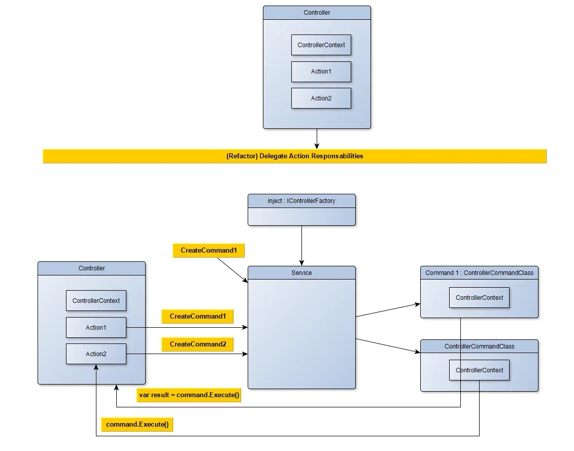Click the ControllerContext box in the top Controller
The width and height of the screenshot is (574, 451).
[x=321, y=45]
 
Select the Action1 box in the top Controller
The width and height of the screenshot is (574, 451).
[x=321, y=72]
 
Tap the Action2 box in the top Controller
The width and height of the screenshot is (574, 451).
[x=321, y=98]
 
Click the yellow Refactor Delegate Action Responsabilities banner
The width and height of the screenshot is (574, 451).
[x=294, y=156]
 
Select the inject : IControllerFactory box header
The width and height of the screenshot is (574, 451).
[x=301, y=201]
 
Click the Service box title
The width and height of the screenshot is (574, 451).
[x=301, y=273]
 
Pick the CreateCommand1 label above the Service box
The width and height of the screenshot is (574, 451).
[x=209, y=251]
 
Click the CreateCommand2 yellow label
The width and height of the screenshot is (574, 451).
[x=197, y=344]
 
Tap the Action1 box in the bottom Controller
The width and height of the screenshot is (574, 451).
[x=96, y=328]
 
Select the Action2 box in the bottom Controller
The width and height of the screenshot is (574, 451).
[x=96, y=354]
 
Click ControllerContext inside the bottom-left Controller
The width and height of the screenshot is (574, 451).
[x=96, y=301]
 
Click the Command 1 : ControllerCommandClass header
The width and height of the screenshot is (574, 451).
[x=479, y=273]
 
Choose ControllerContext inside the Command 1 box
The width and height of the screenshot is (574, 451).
[x=479, y=298]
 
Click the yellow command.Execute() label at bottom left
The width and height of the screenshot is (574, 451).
[x=137, y=425]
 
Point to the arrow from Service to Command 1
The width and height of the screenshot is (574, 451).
[x=388, y=310]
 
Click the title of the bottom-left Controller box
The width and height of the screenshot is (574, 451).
[x=91, y=268]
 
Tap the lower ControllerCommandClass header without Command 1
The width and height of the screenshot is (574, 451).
[x=479, y=346]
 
